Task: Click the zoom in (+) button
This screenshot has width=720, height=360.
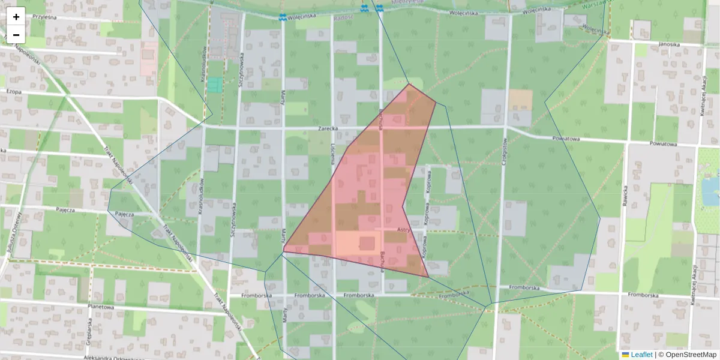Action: tap(16, 16)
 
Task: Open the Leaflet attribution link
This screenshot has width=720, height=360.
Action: tap(641, 355)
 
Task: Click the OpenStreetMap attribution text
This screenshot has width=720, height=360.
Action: tap(691, 355)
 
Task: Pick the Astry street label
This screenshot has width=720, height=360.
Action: tap(404, 230)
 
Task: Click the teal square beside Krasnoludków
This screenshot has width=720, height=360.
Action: tap(214, 85)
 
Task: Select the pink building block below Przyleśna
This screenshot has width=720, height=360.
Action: tap(149, 59)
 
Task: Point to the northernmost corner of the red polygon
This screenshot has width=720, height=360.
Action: tap(409, 84)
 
